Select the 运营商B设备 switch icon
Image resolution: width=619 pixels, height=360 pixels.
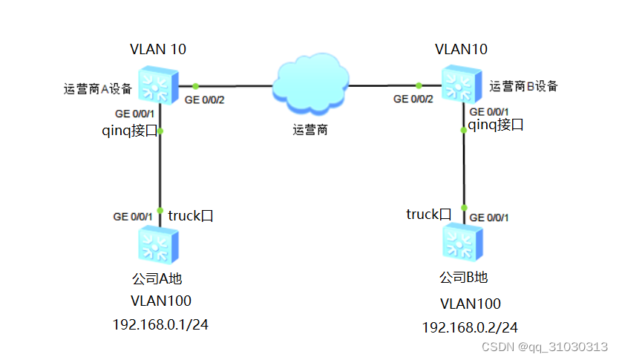[x=462, y=83]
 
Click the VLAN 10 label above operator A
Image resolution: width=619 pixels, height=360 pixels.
[x=157, y=50]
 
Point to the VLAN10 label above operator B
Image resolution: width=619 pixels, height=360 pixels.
[x=462, y=50]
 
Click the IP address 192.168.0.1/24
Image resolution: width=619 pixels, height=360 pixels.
[x=160, y=325]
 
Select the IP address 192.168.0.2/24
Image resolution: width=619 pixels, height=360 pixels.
[x=470, y=327]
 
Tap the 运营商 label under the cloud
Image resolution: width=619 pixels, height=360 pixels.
[x=310, y=130]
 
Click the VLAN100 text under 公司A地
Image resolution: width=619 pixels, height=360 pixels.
[x=160, y=301]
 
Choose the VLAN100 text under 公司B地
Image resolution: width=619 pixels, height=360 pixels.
[x=470, y=304]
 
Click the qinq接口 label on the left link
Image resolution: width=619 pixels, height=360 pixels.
[x=130, y=131]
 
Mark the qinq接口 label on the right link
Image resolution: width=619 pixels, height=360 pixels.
[x=497, y=125]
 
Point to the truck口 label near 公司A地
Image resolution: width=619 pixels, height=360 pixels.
[x=191, y=216]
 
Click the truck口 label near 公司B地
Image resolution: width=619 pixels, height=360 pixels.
[x=428, y=215]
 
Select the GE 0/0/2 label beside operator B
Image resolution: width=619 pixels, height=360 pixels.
[x=413, y=99]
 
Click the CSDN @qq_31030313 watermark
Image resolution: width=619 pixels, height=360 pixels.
[x=545, y=347]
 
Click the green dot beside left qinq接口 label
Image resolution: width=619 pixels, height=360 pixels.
[x=161, y=131]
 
